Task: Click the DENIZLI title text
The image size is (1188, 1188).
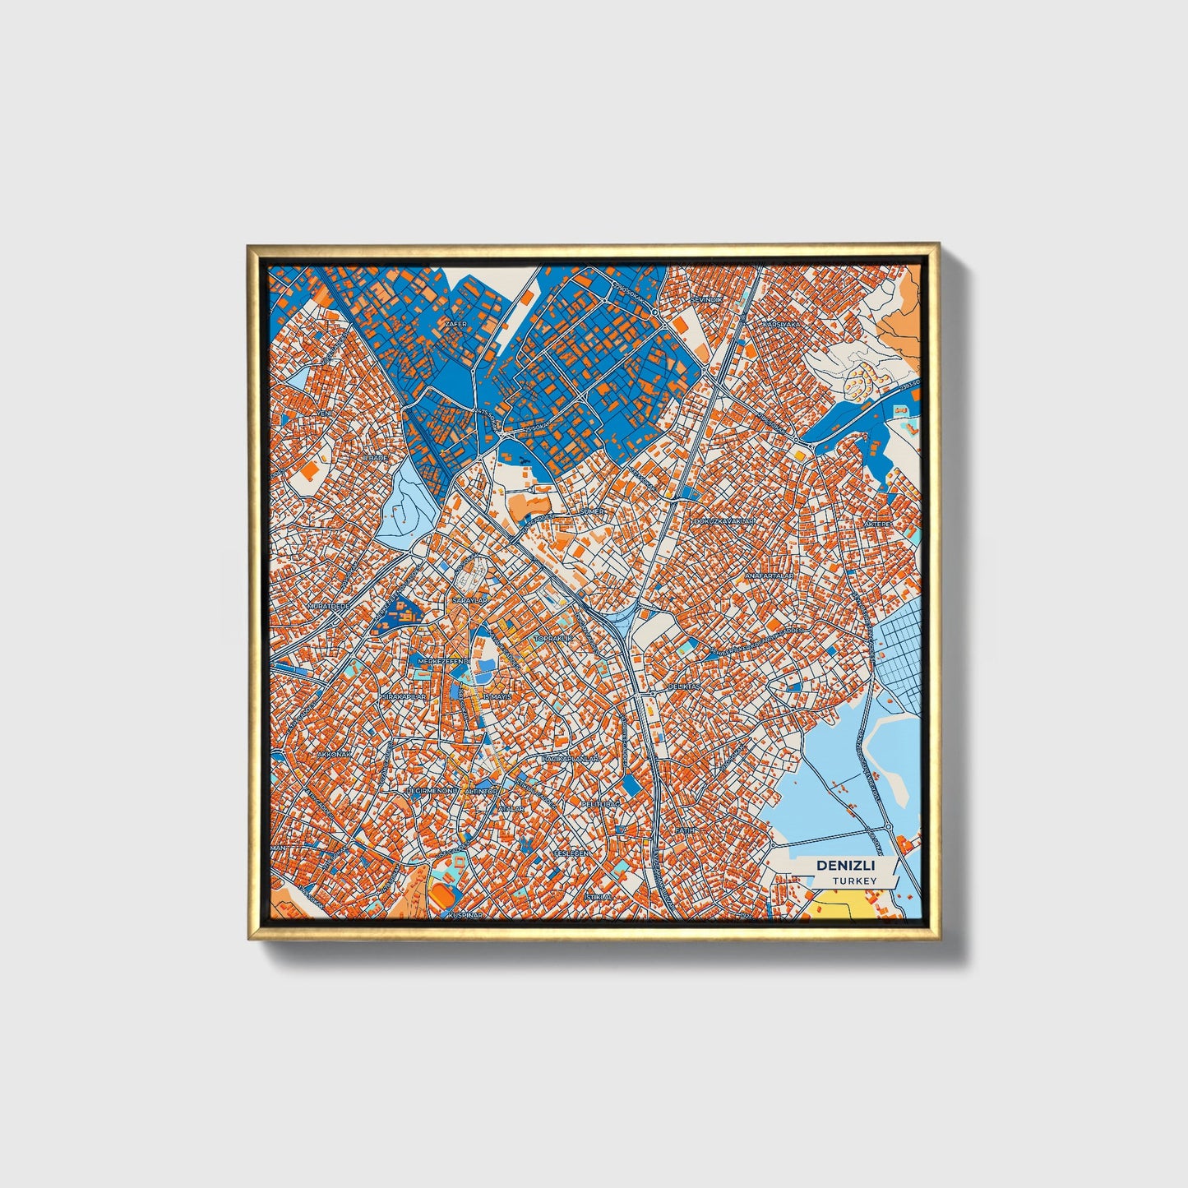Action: coord(845,866)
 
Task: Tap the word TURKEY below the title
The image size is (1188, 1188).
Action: coord(853,881)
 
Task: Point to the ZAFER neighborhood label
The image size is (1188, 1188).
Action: coord(455,324)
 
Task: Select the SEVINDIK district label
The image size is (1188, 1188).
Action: coord(707,300)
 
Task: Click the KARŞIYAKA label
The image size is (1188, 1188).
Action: coord(781,325)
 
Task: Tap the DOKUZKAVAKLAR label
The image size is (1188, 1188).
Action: coord(724,521)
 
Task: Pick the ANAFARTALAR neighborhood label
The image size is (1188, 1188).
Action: coord(769,576)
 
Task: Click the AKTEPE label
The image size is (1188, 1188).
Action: coord(878,524)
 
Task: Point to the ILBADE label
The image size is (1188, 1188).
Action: coord(375,457)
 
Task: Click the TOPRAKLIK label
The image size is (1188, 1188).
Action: coord(552,638)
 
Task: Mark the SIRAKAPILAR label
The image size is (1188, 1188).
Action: coord(403,696)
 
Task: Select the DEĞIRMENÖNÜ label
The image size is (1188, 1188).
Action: coord(432,791)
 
